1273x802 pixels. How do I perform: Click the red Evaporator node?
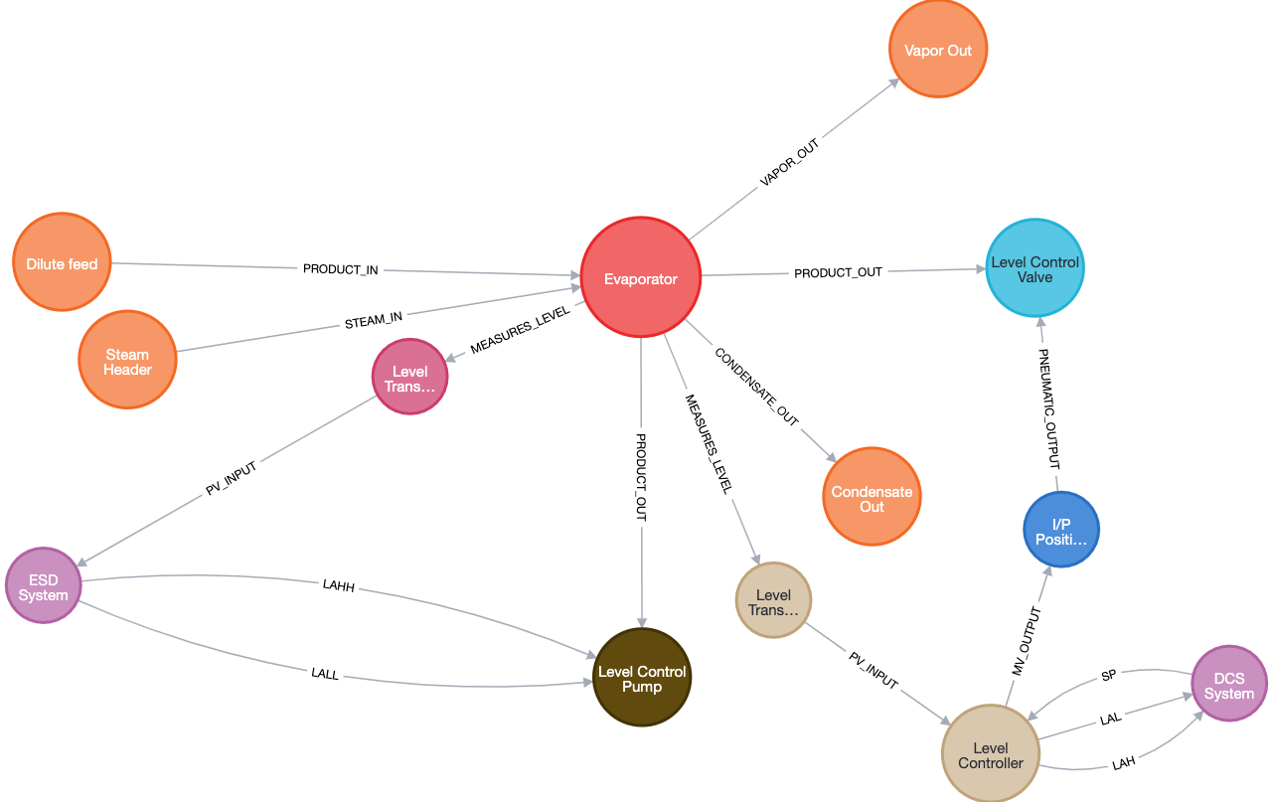(x=641, y=278)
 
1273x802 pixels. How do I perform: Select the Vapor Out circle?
(x=937, y=50)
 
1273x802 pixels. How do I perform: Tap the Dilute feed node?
(x=62, y=263)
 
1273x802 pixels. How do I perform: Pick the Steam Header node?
(x=127, y=360)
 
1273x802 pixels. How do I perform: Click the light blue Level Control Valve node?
(x=1034, y=268)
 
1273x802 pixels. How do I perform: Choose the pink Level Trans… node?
(x=409, y=377)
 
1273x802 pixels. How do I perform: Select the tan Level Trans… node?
(x=773, y=600)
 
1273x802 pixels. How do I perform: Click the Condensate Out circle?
(x=872, y=497)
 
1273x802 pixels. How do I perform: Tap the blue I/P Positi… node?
(x=1061, y=530)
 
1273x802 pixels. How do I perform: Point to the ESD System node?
(x=43, y=585)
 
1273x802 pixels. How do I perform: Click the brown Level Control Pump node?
(x=641, y=677)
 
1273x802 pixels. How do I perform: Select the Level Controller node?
(x=990, y=753)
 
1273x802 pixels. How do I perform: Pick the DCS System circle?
(x=1228, y=684)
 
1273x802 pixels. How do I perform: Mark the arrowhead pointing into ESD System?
(x=83, y=562)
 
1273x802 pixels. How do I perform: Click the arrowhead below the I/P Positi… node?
(x=1046, y=571)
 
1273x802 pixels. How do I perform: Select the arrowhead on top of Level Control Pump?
(x=642, y=620)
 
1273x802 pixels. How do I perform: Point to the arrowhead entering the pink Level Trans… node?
(x=451, y=358)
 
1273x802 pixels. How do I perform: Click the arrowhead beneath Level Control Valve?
(x=1039, y=324)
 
